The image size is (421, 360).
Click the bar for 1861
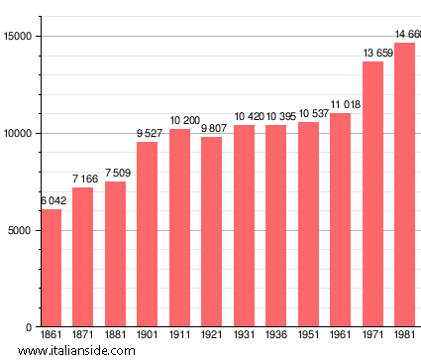[x=51, y=268]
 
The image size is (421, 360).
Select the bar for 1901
[x=147, y=234]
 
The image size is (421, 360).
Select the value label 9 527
[x=147, y=133]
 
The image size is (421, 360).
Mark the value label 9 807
[x=211, y=128]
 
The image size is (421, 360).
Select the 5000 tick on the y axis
[x=21, y=230]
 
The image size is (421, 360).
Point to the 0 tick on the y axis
[x=30, y=327]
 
